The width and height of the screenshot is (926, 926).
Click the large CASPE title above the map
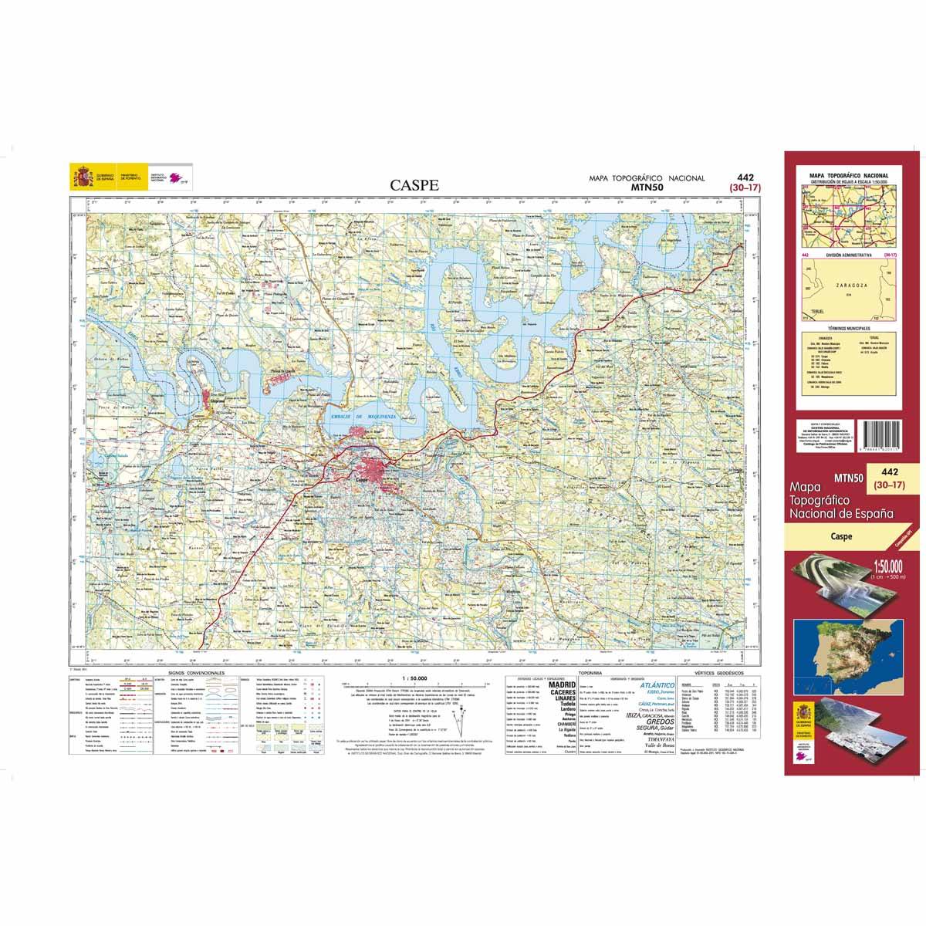414,185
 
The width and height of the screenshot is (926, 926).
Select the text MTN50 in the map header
647,187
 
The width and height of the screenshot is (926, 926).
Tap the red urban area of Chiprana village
214,399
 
